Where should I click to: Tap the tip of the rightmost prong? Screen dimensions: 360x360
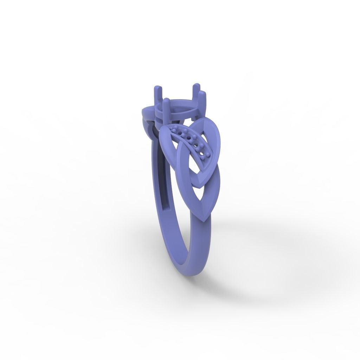click(202, 93)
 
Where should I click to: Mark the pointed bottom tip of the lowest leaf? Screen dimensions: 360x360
click(205, 220)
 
